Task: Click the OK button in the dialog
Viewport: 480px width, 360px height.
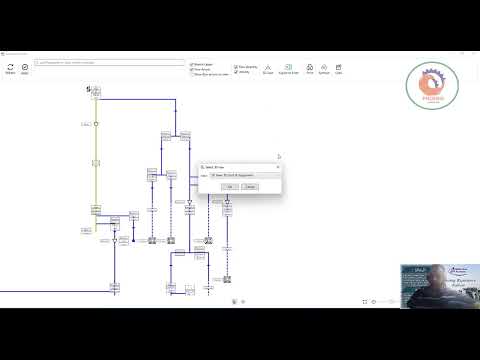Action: coord(230,186)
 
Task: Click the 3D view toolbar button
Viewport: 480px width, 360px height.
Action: coord(267,69)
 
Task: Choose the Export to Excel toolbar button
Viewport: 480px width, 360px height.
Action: coord(289,69)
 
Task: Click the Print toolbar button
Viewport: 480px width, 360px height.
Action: coord(310,69)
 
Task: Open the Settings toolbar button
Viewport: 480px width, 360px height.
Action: coord(324,69)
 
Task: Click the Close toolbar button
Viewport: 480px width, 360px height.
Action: coord(339,69)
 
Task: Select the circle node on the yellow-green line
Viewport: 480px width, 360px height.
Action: coord(96,124)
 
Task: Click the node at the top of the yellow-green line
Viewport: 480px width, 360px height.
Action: coord(96,92)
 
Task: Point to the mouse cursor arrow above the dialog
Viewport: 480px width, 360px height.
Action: coord(279,156)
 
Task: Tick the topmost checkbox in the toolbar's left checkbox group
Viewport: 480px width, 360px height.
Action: coord(192,64)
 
